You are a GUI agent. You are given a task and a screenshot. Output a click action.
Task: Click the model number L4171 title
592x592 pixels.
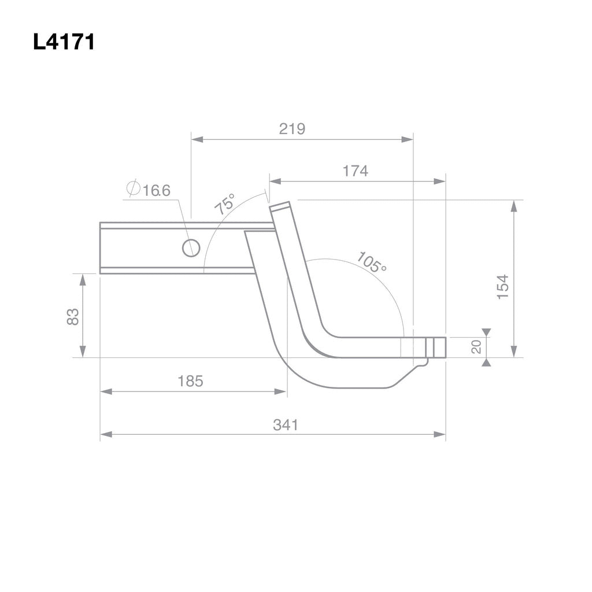[x=64, y=43]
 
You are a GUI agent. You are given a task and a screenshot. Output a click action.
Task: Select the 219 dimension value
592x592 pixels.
[x=291, y=129]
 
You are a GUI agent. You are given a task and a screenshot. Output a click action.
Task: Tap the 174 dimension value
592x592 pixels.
[x=355, y=171]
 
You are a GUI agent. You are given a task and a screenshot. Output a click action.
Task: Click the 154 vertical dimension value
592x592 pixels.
[x=503, y=286]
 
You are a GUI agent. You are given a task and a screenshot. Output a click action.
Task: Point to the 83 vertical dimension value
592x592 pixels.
[x=73, y=316]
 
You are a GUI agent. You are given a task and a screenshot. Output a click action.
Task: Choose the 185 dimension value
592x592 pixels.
[x=190, y=381]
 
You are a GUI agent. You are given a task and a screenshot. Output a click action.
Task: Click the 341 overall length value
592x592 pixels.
[x=286, y=425]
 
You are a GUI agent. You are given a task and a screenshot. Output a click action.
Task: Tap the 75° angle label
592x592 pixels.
[x=225, y=205]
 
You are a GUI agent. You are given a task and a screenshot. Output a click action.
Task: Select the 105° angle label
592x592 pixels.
[x=371, y=262]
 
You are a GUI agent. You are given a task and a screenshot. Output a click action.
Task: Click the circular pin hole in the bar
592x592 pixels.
[x=191, y=248]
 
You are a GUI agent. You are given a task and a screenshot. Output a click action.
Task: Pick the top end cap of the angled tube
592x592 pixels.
[x=280, y=207]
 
